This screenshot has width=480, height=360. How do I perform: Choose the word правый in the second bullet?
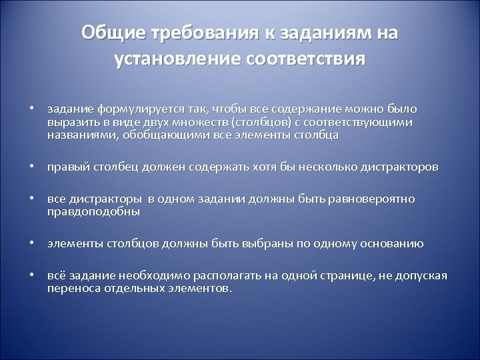point(65,167)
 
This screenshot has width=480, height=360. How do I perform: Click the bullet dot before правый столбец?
point(31,167)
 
